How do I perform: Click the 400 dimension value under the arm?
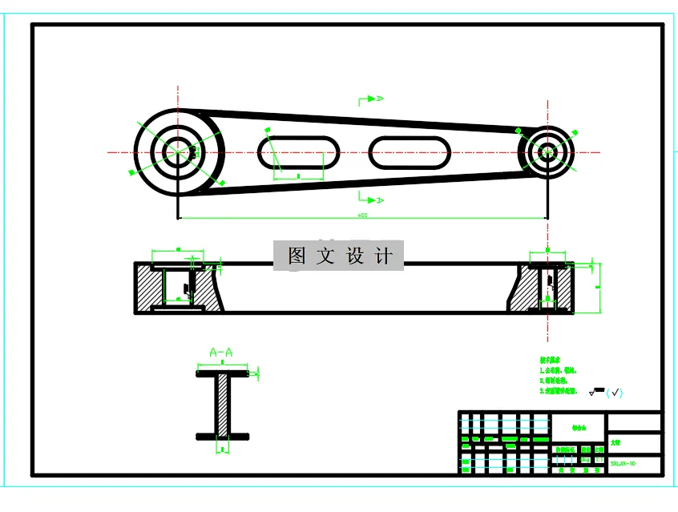click(x=362, y=215)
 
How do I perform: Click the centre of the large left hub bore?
click(x=177, y=151)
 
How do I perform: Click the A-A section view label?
click(x=220, y=352)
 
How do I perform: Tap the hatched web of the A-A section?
click(x=222, y=405)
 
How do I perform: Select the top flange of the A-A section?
click(x=222, y=373)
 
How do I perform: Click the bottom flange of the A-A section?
click(x=222, y=437)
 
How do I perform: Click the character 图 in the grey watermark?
click(x=297, y=256)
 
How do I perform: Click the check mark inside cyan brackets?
click(x=615, y=392)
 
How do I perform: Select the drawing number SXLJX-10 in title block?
click(x=623, y=464)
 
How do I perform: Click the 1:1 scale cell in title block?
click(x=597, y=451)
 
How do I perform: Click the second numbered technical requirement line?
click(x=558, y=381)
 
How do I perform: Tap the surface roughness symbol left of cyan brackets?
click(x=596, y=392)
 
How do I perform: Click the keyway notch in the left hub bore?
click(x=192, y=150)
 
